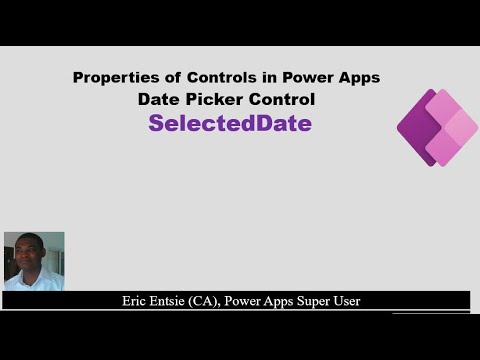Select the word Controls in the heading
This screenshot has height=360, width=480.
click(206, 78)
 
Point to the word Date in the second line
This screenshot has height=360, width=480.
click(158, 100)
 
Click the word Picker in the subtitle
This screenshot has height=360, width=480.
click(214, 100)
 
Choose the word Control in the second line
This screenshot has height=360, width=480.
click(282, 100)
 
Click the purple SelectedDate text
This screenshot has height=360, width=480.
click(230, 124)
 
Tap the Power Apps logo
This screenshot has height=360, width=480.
click(437, 128)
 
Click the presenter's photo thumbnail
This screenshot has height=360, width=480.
click(34, 261)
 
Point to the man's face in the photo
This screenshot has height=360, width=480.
click(32, 252)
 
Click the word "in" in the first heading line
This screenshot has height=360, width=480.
click(253, 78)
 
